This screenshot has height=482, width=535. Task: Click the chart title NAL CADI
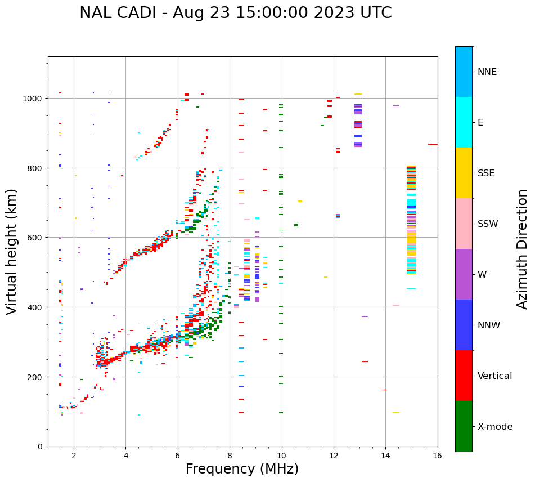(235, 13)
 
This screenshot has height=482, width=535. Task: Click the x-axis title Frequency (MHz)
(242, 469)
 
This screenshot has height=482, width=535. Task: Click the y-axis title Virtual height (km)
(12, 251)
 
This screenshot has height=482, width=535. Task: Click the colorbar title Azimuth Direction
(523, 249)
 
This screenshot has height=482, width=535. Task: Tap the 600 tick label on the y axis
(35, 238)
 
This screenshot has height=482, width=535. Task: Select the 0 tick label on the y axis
(40, 447)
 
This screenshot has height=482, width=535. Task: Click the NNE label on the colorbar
(487, 72)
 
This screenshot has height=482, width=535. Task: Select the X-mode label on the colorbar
(495, 427)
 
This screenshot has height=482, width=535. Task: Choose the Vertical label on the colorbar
(495, 376)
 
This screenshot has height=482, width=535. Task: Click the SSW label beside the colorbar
(488, 224)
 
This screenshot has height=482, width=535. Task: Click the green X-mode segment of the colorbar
(464, 426)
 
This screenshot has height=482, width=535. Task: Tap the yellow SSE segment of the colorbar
(464, 173)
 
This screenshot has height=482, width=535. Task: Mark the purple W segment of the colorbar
(464, 274)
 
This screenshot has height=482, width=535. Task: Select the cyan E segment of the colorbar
(464, 122)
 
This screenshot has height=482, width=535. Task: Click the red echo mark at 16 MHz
(433, 144)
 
